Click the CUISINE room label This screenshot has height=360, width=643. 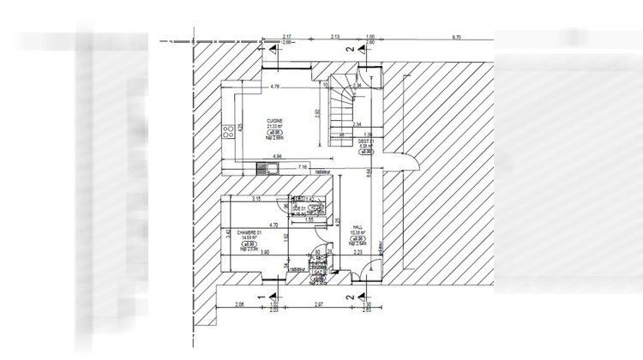[275, 121]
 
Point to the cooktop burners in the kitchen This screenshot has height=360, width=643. [229, 132]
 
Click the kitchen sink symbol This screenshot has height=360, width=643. [268, 167]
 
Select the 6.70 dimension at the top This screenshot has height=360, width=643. [456, 38]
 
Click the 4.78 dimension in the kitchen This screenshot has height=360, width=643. [275, 87]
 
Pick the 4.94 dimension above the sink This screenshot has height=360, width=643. [277, 156]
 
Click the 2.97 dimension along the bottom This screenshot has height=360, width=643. [318, 304]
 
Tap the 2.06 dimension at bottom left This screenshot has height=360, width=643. [240, 304]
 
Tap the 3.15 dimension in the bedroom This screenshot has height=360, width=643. [255, 200]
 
